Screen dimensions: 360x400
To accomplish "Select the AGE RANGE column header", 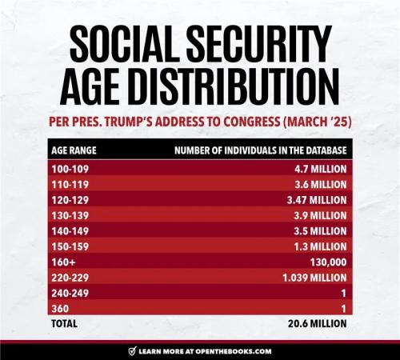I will tap(73, 150).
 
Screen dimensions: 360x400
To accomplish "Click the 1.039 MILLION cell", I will tap(314, 277).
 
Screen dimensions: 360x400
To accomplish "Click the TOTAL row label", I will tap(63, 323).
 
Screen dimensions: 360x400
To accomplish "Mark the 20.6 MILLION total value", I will tap(318, 323).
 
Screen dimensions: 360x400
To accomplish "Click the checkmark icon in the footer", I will tap(132, 350).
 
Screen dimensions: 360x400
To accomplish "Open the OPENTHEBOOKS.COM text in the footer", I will tap(232, 350).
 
